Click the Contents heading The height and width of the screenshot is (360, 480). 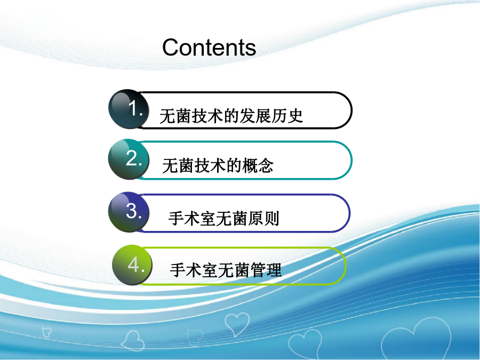pos(209,47)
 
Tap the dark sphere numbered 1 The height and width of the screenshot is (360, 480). pos(129,109)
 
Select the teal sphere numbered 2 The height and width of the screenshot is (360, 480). pos(129,159)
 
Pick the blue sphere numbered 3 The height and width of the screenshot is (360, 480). pos(129,212)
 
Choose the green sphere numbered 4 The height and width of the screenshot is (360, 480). pos(133,265)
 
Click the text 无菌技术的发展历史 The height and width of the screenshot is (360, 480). pos(231,116)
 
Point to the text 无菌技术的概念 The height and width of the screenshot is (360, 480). pos(218,166)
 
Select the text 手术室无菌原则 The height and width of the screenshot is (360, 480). pos(224,218)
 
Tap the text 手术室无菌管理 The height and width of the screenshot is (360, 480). pos(226,270)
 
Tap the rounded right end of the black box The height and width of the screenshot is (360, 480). pos(351,110)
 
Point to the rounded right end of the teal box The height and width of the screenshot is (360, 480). pos(351,161)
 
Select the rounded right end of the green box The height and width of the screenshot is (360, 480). pos(346,266)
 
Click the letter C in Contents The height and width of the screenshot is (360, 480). pos(171,47)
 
